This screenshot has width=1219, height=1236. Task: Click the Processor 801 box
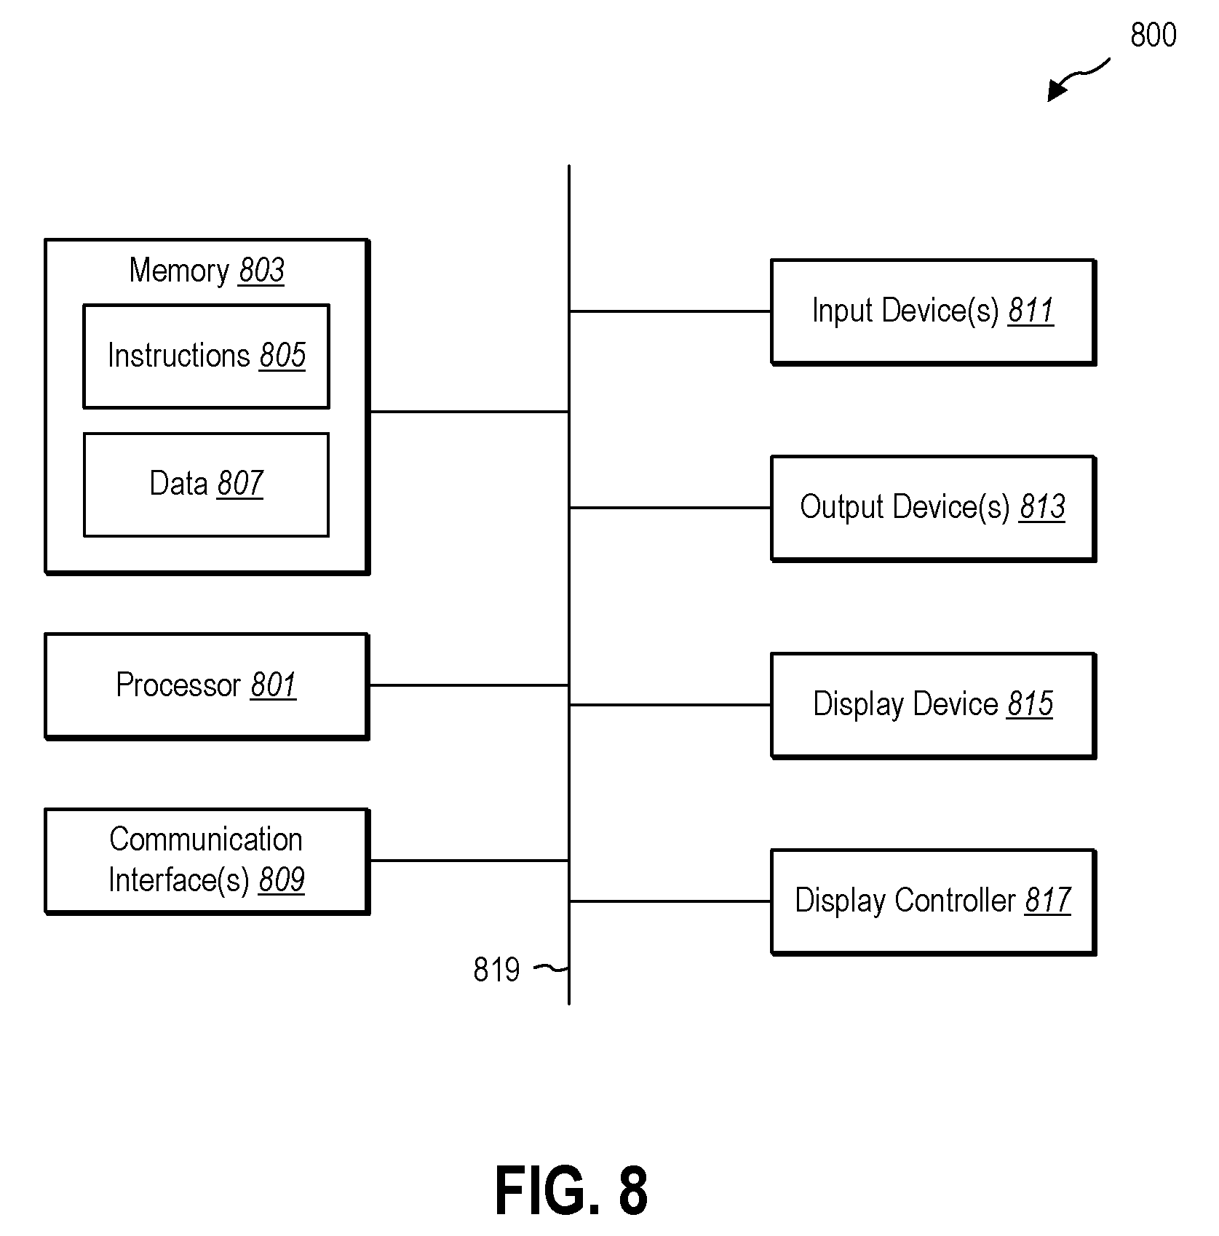[x=207, y=686]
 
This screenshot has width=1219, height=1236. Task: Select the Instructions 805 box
[x=207, y=356]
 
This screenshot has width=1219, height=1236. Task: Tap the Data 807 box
[x=207, y=485]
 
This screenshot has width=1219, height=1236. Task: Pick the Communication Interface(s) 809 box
[x=207, y=861]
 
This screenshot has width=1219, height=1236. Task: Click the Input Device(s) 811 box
[x=933, y=311]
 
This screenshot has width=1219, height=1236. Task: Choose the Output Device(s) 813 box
[x=933, y=508]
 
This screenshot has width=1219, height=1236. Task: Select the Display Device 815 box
[x=933, y=705]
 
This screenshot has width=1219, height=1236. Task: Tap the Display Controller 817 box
[x=933, y=901]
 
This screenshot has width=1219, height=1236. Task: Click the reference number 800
[x=1154, y=35]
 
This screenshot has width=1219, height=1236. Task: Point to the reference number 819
[x=496, y=970]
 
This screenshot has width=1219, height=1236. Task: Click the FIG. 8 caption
[x=571, y=1191]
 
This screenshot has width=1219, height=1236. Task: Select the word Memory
[x=179, y=271]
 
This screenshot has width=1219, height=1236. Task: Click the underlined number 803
[x=261, y=271]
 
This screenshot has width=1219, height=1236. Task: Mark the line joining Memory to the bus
[x=469, y=412]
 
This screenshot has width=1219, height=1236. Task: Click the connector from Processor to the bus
[x=469, y=685]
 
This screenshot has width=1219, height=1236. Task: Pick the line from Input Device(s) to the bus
[x=670, y=311]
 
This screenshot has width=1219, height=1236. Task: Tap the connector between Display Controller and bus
[x=670, y=901]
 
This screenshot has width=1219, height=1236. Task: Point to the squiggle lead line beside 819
[x=551, y=968]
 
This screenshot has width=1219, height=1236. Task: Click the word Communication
[x=206, y=840]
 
